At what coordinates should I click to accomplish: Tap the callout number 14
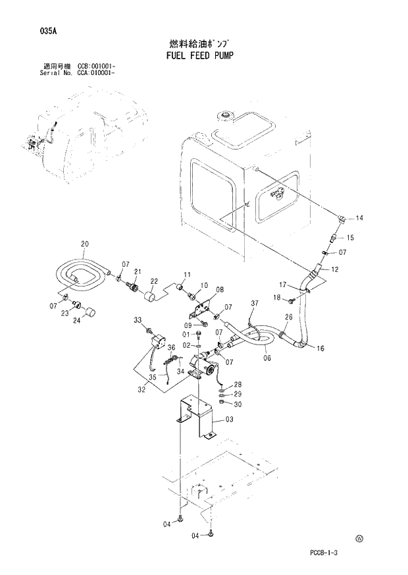360,218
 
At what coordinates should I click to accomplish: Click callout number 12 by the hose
335,269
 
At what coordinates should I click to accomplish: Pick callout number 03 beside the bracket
229,420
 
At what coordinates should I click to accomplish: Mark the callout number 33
138,320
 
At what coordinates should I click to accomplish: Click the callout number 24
77,321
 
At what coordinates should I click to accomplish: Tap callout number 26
288,317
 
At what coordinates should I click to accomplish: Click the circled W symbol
359,538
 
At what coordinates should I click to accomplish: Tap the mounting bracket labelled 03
197,415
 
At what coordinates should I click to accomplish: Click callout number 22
154,281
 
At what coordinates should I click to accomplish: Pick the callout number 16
320,348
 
